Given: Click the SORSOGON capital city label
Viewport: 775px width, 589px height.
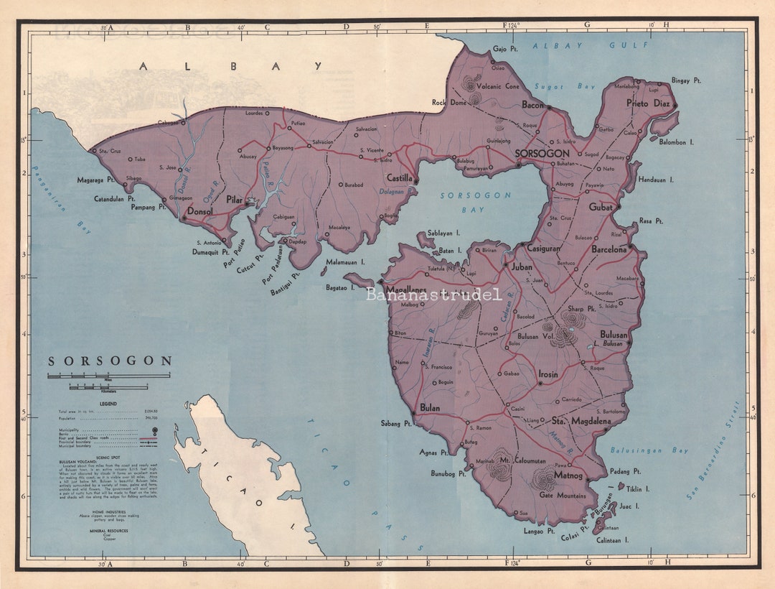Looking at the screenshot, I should click(542, 154).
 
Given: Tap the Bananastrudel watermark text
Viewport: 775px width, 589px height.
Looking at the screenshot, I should click(433, 294).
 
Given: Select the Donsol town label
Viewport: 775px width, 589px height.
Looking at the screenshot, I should click(201, 212).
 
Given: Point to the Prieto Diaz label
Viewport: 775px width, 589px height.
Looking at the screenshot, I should click(648, 103).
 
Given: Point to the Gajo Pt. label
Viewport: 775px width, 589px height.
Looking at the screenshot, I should click(505, 50).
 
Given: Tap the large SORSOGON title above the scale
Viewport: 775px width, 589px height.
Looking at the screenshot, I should click(110, 361).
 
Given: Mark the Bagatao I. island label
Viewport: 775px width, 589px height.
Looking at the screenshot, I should click(340, 287).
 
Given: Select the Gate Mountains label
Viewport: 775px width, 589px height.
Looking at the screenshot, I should click(563, 496).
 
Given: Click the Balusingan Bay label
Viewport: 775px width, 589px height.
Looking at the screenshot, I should click(649, 450).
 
